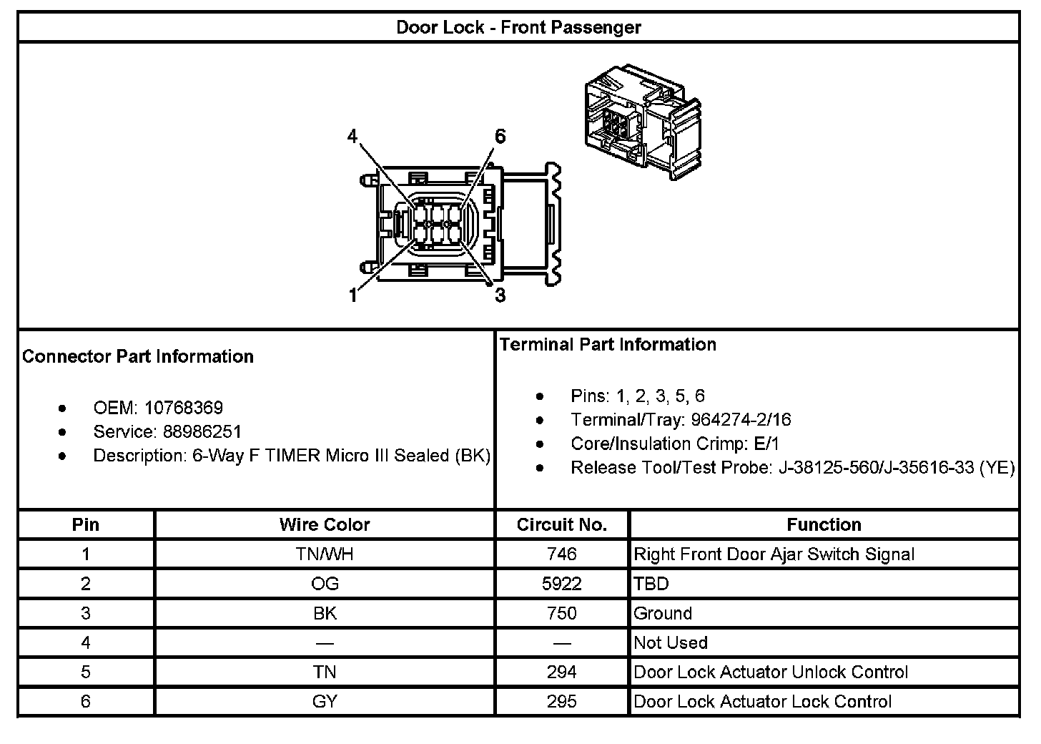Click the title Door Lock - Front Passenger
point(518,28)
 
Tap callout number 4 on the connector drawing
point(352,136)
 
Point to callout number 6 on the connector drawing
point(500,136)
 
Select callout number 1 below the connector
point(352,295)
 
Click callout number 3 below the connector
point(500,295)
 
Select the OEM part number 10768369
point(183,408)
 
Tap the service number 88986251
point(202,431)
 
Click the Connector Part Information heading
point(138,356)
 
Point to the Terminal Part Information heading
point(608,344)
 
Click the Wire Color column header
point(325,524)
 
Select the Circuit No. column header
point(561,524)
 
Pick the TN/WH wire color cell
point(325,554)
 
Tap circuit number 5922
point(561,584)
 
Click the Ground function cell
point(663,613)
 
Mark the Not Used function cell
point(671,642)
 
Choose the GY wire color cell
point(325,701)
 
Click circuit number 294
point(561,672)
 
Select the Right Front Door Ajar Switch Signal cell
point(774,554)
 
